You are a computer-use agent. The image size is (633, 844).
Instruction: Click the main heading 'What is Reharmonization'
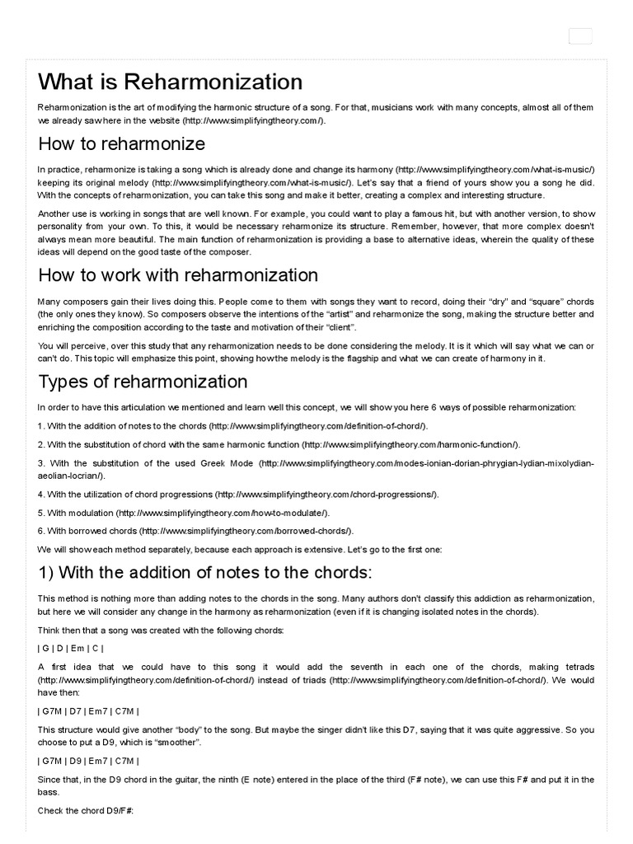coord(170,82)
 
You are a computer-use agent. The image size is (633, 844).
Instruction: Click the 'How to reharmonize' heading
coord(121,144)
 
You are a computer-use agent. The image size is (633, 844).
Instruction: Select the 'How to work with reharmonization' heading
coord(177,275)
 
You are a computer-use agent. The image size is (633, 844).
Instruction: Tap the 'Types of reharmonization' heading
coord(142,382)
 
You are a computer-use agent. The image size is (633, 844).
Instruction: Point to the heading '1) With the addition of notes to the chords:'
coord(204,573)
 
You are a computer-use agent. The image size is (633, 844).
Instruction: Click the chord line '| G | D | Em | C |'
coord(70,648)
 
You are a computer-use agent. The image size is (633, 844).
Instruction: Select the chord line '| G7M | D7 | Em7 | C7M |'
coord(87,711)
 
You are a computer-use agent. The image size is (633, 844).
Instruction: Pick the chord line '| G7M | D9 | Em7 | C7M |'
coord(87,761)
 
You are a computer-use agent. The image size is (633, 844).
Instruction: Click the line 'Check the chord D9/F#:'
coord(85,811)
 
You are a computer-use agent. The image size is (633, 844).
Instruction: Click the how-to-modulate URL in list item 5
coord(223,513)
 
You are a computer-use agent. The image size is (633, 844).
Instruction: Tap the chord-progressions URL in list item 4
coord(326,495)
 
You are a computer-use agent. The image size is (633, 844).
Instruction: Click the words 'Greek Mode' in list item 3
coord(227,463)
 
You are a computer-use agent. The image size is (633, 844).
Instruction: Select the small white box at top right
coord(580,36)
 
